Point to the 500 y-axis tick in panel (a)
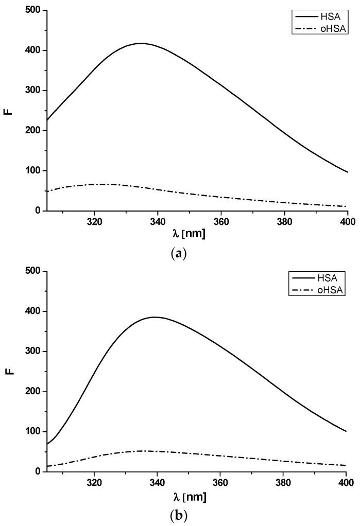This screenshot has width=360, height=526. point(33,10)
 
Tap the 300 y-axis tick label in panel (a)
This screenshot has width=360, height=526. point(33,91)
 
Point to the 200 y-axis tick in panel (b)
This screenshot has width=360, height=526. point(33,392)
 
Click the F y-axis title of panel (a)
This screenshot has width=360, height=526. point(8,110)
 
